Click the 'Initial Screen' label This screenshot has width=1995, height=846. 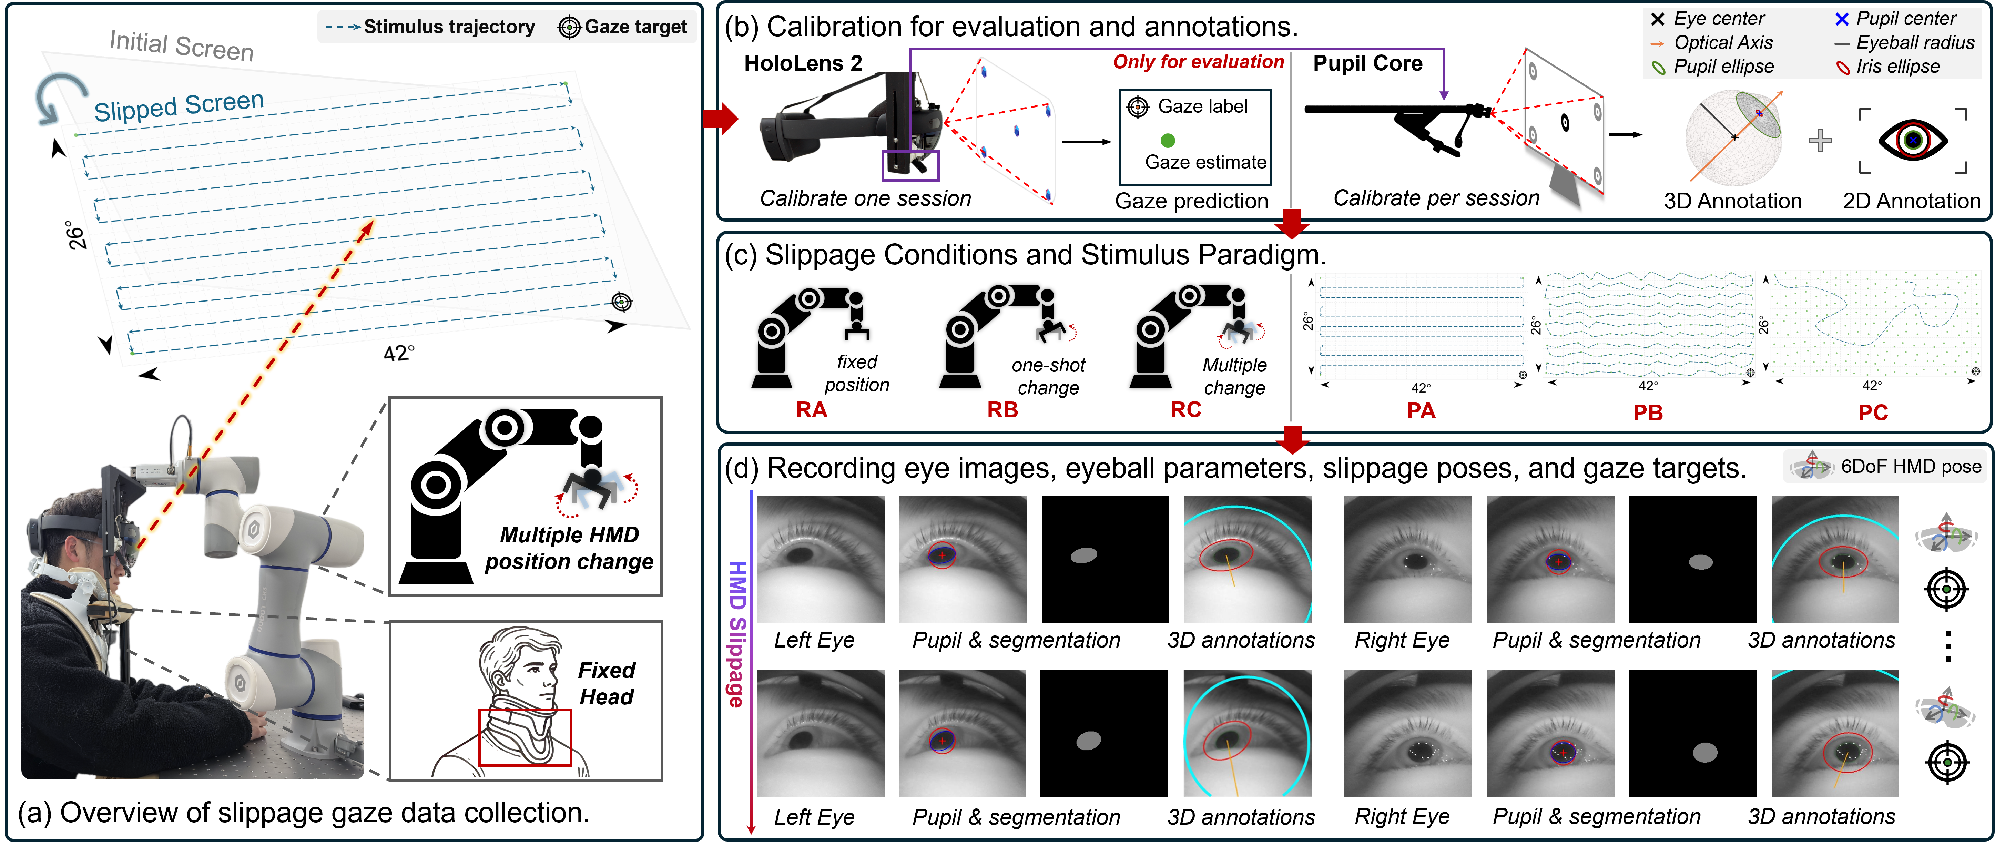pos(181,45)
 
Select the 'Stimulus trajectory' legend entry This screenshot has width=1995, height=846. pos(430,27)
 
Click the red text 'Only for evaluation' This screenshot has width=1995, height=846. pos(1198,62)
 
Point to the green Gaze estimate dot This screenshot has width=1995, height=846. pos(1168,140)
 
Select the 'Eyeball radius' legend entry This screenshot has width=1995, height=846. pos(1905,43)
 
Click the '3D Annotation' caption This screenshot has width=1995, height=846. pos(1732,201)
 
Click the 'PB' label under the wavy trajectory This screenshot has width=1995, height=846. pos(1647,412)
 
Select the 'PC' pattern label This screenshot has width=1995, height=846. pos(1873,412)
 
